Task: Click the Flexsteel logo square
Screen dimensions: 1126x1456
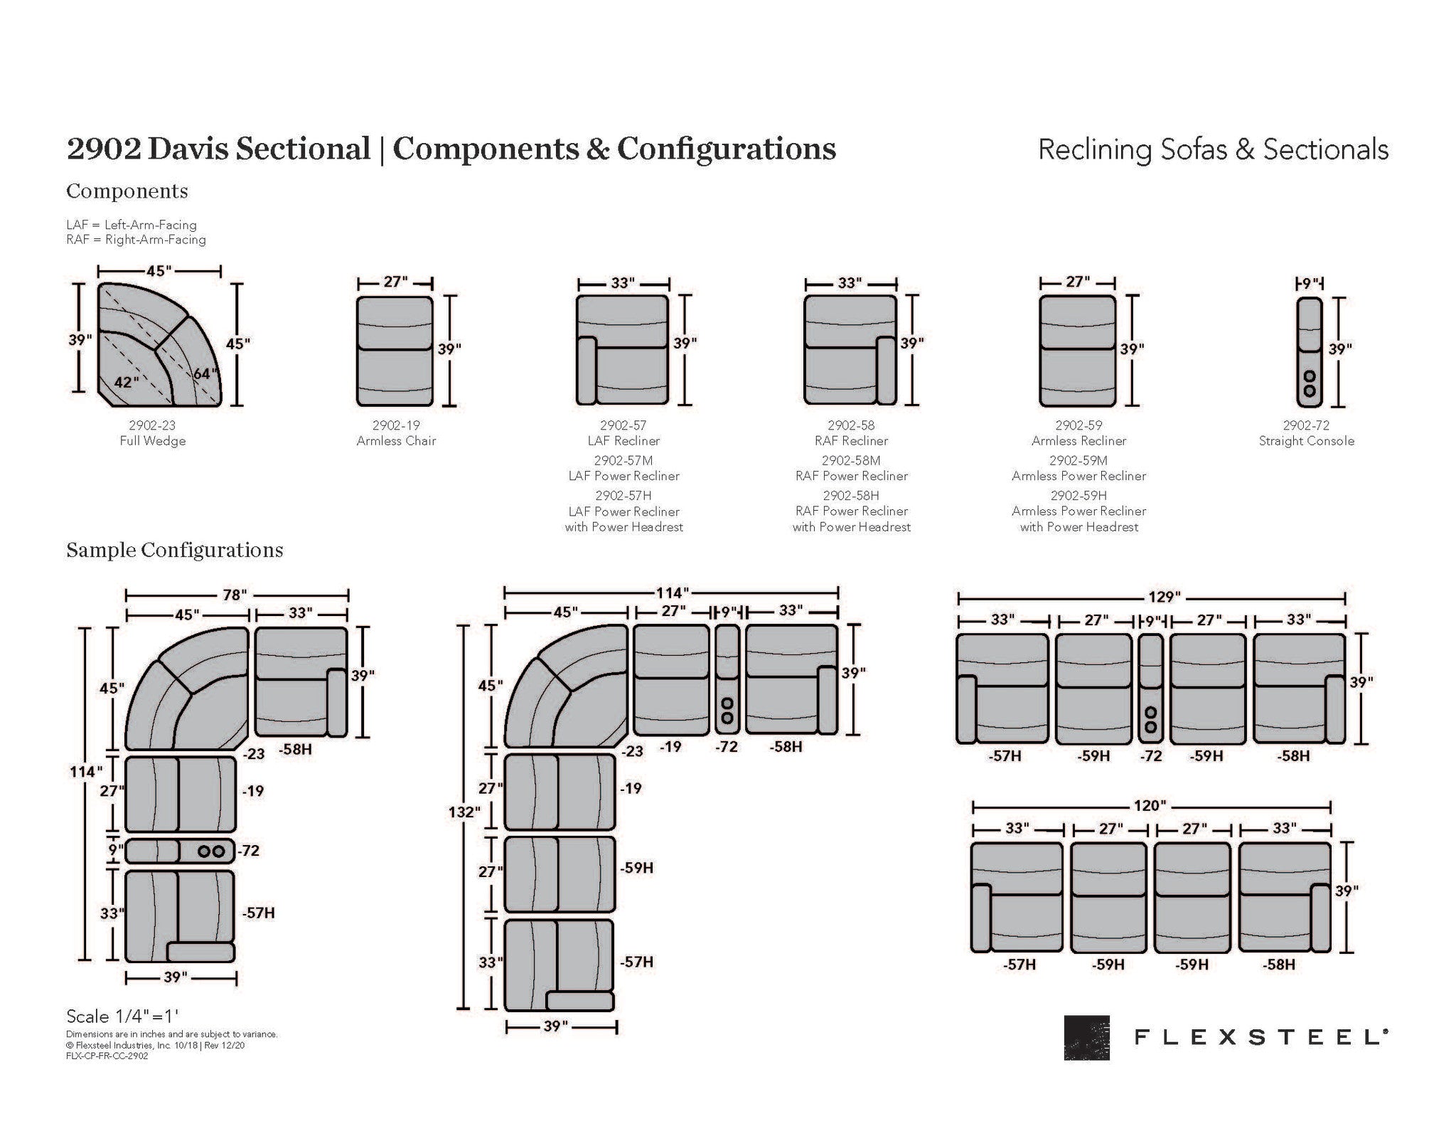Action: click(1086, 1037)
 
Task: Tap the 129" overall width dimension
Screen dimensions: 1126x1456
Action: click(1163, 597)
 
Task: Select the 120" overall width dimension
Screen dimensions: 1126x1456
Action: click(1149, 806)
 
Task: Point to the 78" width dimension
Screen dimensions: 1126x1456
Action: click(233, 595)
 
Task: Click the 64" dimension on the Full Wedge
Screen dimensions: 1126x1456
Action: click(205, 374)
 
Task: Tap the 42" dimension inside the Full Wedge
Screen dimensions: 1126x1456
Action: click(126, 383)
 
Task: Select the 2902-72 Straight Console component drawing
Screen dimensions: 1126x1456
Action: click(1310, 351)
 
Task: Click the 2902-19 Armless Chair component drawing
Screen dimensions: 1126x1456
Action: click(395, 351)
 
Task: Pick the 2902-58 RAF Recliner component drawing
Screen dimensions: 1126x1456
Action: click(850, 351)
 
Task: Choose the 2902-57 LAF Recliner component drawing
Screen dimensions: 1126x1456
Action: click(622, 351)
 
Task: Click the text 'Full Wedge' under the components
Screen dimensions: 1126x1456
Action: click(153, 441)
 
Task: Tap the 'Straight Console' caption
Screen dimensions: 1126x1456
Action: click(1306, 441)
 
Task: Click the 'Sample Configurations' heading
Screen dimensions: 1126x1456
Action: click(174, 551)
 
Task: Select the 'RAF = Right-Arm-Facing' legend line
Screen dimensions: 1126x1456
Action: click(136, 240)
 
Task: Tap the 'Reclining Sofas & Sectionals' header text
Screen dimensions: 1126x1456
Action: click(1213, 150)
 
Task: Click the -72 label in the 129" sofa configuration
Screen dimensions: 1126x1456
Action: click(1150, 756)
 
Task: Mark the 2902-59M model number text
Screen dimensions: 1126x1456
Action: click(1078, 460)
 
